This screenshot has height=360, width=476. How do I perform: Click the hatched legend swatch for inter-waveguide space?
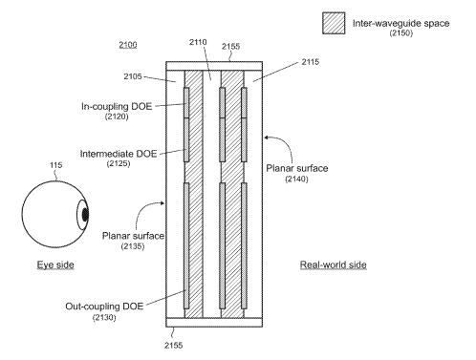coord(334,23)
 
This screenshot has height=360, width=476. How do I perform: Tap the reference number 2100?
coord(128,45)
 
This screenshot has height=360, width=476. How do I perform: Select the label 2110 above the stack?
coord(198,42)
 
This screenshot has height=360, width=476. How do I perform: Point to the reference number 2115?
coord(311,62)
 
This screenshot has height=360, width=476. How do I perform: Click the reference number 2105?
coord(133,76)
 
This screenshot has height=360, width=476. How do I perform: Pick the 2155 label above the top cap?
coord(230,47)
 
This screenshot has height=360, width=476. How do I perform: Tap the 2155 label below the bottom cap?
coord(174,346)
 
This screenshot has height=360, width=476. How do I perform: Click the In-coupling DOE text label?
coord(117,106)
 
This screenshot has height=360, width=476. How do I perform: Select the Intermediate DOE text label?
coord(119,154)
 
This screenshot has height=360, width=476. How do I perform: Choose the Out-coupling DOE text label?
coord(104,307)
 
